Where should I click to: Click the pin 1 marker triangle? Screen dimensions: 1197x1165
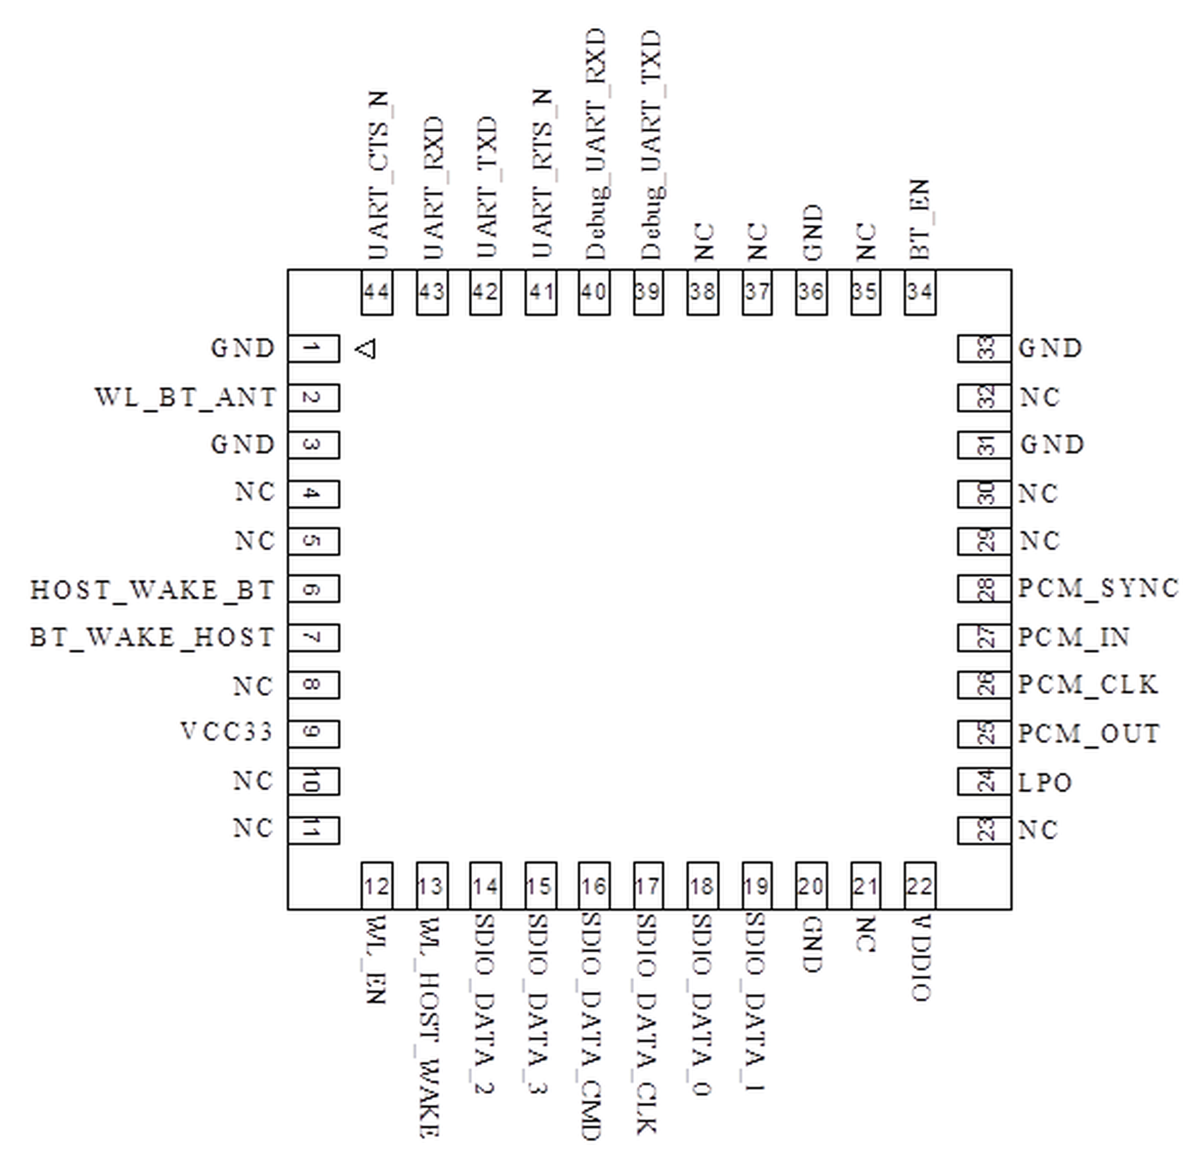coord(366,349)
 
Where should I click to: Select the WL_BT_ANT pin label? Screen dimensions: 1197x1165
coord(186,398)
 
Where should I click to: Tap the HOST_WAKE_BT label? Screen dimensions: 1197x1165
coord(153,590)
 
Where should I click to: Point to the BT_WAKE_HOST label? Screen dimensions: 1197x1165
coord(153,638)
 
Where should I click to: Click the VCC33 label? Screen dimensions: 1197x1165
coord(226,732)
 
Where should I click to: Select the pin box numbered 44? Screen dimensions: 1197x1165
coord(377,292)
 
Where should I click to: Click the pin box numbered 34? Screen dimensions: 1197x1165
coord(920,292)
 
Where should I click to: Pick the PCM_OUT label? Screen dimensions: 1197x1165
coord(1089,733)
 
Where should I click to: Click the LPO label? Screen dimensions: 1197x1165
coord(1045,782)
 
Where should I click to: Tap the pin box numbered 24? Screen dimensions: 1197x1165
coord(984,782)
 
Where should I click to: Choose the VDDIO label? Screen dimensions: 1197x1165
coord(921,958)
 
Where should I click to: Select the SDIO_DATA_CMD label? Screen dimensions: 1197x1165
coord(592,1026)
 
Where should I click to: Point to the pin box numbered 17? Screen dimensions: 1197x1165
coord(649,886)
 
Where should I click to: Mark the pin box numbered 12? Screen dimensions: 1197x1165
coord(377,886)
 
